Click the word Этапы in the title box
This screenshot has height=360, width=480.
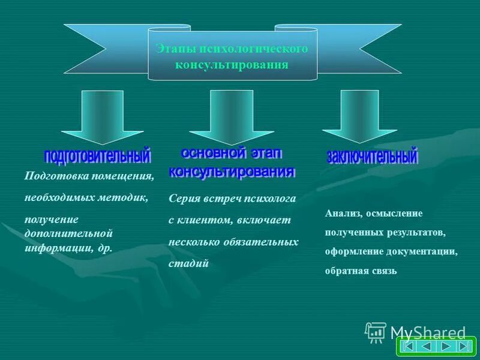pyautogui.click(x=170, y=48)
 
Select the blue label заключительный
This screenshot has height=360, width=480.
pyautogui.click(x=371, y=157)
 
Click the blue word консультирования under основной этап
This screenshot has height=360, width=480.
pyautogui.click(x=232, y=172)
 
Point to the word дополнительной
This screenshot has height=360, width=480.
pyautogui.click(x=69, y=233)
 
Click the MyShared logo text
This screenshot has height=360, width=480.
pyautogui.click(x=427, y=332)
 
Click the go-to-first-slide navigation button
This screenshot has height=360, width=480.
pyautogui.click(x=409, y=347)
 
